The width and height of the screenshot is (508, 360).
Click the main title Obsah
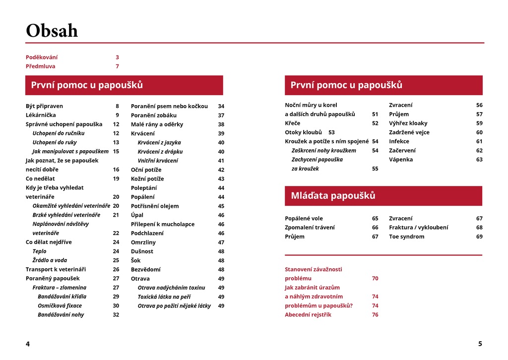[52, 31]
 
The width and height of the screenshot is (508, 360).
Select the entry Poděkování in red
[42, 57]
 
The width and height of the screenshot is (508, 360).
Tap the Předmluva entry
[41, 66]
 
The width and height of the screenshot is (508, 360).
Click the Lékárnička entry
[41, 115]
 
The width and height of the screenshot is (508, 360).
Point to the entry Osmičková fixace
[60, 305]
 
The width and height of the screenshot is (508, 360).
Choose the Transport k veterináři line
[56, 269]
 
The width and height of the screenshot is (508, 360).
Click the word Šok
[135, 260]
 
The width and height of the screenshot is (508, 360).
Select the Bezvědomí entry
[145, 269]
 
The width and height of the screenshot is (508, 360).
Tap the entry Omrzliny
[143, 242]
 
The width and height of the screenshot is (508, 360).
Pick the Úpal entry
[137, 215]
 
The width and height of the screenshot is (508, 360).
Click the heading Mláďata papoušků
[333, 195]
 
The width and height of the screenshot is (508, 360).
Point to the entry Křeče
[292, 123]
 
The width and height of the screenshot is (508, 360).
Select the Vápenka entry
[401, 159]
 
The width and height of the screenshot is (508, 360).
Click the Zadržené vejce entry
[409, 132]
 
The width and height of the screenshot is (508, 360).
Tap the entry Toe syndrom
[407, 237]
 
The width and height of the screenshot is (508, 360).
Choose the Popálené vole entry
[304, 218]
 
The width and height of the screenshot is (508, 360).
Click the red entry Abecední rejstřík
[308, 314]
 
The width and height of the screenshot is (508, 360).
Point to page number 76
[375, 314]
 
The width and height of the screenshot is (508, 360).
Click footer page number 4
[28, 344]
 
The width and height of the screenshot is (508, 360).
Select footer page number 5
[480, 344]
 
